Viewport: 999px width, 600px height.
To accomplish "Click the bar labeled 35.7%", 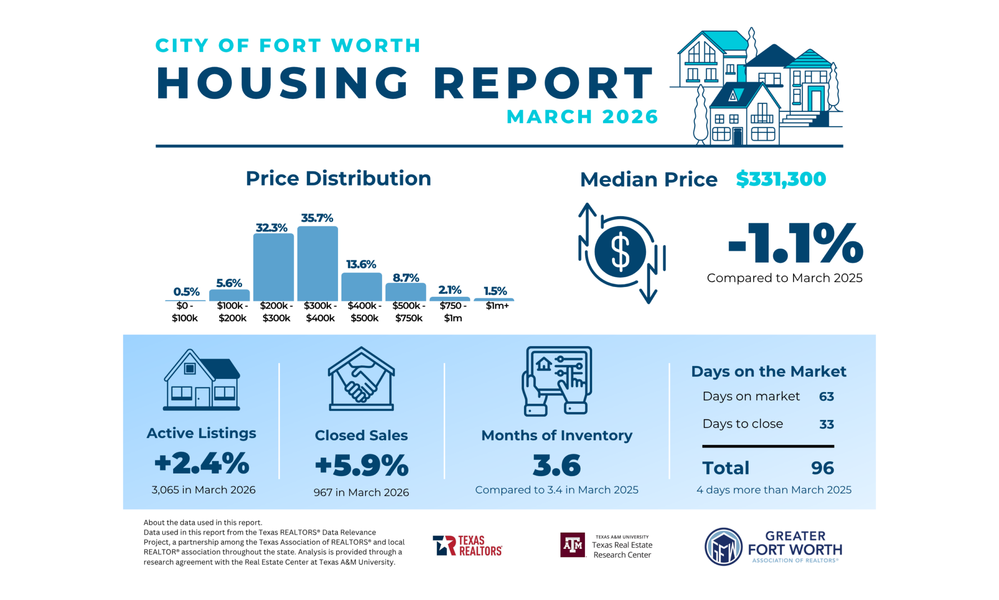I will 318,264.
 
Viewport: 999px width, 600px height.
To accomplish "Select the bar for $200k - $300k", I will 273,267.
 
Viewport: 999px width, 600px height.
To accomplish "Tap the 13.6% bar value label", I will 361,265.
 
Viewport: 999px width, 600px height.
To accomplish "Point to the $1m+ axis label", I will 497,306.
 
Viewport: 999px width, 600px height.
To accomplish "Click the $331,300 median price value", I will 781,179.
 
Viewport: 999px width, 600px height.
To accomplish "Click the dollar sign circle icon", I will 620,252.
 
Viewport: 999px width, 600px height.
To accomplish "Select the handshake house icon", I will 361,379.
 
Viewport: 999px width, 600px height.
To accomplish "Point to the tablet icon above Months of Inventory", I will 557,381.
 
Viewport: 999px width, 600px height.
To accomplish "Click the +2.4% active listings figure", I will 202,463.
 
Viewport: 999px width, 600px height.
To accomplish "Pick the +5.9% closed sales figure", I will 361,466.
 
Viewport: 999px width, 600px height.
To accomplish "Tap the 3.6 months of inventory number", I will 557,466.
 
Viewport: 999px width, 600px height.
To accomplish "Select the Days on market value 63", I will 826,396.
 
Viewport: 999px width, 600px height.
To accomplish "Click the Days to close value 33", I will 826,424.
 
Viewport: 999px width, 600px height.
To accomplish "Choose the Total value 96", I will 822,468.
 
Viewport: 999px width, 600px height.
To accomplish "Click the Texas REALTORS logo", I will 467,546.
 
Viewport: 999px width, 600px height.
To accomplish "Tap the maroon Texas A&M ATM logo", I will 573,545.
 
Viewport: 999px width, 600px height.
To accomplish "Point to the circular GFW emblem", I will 723,547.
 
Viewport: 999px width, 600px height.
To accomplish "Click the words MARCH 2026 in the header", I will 582,117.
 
